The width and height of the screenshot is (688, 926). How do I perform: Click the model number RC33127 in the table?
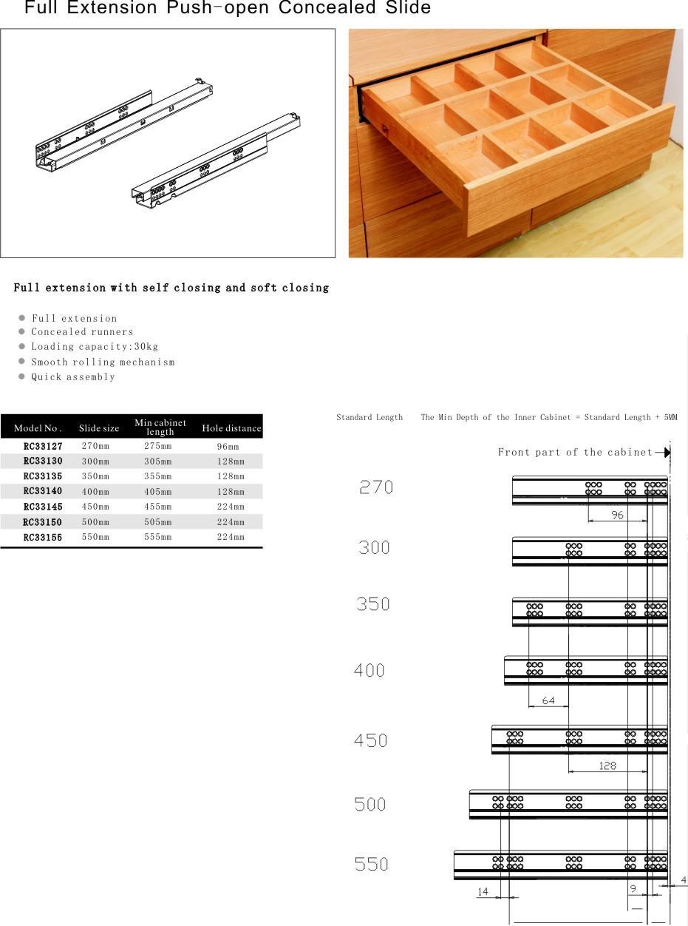(x=43, y=446)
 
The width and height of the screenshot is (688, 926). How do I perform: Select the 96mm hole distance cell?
(x=228, y=447)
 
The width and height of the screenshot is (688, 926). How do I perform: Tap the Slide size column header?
(x=99, y=428)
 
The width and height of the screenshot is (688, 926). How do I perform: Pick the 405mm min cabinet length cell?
(x=157, y=491)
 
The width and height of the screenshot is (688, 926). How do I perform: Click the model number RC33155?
(x=43, y=537)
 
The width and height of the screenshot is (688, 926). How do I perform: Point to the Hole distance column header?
(x=231, y=428)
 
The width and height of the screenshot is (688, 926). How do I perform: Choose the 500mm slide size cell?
(x=95, y=522)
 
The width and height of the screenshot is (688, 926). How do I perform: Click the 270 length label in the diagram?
(x=376, y=487)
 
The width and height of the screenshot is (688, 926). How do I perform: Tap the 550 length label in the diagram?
(x=371, y=864)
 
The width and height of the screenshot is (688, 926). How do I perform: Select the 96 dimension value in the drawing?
(x=617, y=515)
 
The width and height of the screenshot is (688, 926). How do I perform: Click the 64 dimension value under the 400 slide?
(x=548, y=700)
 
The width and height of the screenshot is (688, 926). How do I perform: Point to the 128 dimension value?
(x=607, y=766)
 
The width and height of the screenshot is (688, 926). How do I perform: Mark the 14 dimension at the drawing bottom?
(x=483, y=892)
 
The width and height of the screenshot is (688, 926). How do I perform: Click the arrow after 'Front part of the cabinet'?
(x=663, y=452)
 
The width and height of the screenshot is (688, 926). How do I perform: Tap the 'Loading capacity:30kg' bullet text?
(x=95, y=346)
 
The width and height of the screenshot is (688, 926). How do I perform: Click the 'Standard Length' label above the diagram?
(x=369, y=417)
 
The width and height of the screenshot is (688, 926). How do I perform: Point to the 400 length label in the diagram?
(x=369, y=670)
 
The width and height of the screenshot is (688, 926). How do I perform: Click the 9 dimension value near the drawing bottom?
(x=633, y=889)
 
